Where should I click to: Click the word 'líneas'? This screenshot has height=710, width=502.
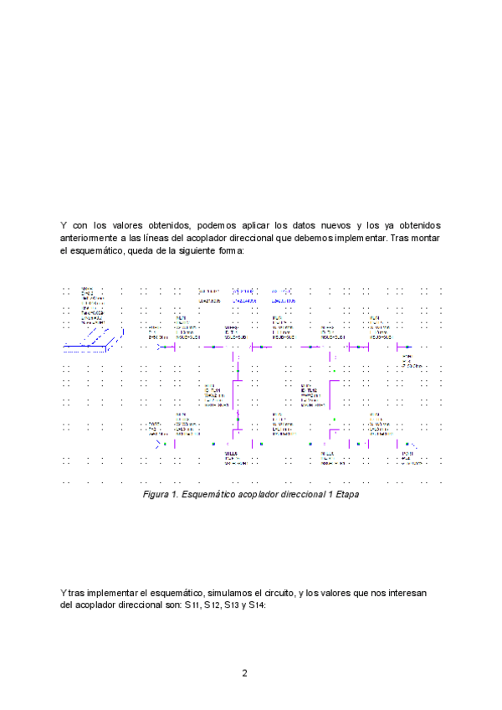pyautogui.click(x=163, y=238)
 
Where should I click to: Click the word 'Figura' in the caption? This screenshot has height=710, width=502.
pyautogui.click(x=156, y=495)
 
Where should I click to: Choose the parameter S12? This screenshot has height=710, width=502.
pyautogui.click(x=214, y=605)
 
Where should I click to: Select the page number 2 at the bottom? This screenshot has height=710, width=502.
pyautogui.click(x=244, y=673)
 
